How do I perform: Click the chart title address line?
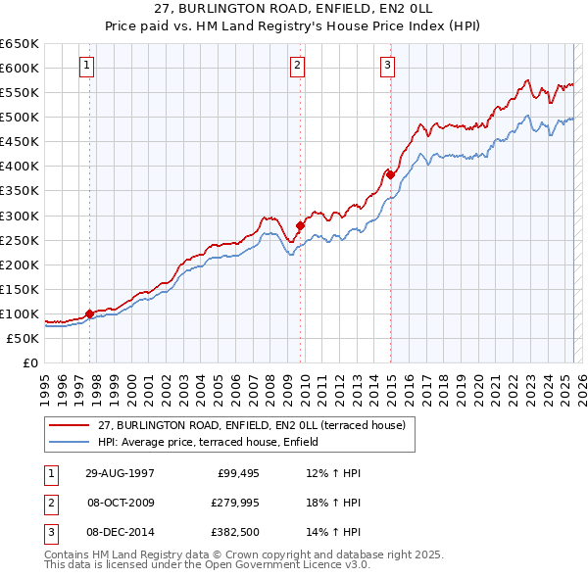(293, 10)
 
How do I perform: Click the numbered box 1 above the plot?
(87, 66)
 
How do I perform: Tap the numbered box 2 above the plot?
(297, 66)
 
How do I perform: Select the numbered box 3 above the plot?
(387, 66)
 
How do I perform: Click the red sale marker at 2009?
(301, 225)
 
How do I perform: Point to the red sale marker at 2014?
(390, 175)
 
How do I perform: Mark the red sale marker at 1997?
(90, 313)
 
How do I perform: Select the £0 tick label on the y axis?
(30, 362)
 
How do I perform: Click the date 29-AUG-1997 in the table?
(119, 473)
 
